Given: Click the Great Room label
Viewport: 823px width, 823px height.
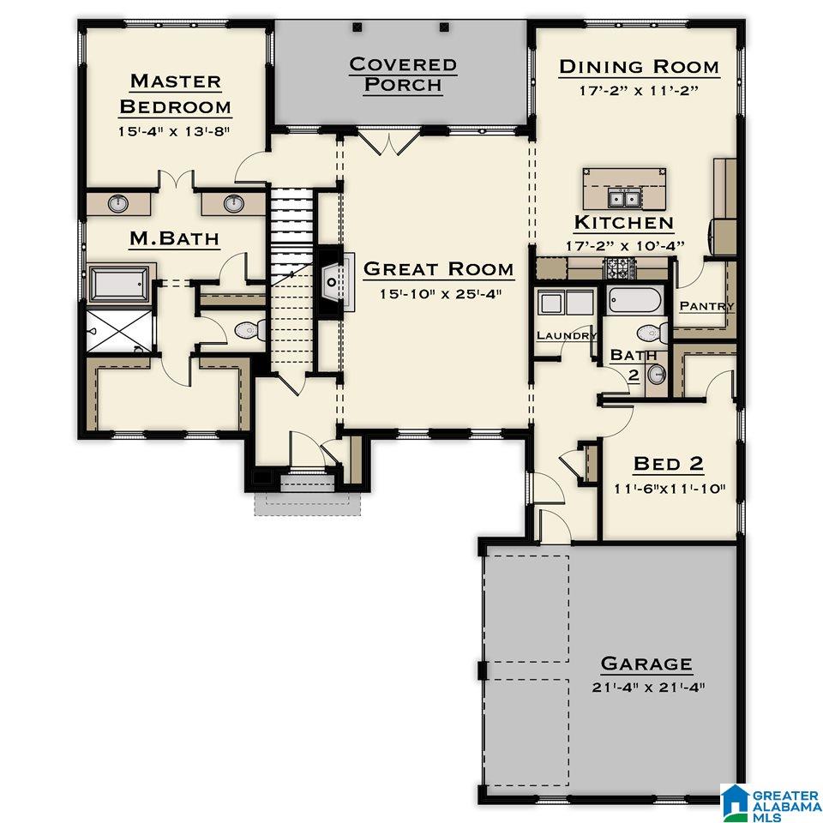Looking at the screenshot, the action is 438,268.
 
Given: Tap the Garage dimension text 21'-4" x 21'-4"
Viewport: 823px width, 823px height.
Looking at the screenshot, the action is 648,687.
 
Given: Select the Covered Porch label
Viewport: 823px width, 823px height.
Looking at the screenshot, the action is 403,74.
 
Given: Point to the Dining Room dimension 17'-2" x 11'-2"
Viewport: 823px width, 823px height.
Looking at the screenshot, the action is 639,90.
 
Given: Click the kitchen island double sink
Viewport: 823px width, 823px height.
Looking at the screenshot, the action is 624,198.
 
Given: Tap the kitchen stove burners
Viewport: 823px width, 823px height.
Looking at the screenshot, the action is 622,268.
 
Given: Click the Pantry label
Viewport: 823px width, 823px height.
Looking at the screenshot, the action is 706,305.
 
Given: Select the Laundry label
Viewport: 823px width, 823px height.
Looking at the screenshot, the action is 567,335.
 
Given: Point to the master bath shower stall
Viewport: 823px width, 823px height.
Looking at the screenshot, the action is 120,331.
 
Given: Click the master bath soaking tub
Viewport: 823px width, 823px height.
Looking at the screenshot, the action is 119,284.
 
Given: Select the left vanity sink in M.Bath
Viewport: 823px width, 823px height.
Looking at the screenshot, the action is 118,203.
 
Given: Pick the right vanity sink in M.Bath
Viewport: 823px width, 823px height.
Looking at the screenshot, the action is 234,203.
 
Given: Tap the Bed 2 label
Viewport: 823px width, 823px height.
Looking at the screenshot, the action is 668,464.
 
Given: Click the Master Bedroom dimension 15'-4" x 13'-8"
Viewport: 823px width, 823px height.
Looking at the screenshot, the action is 174,131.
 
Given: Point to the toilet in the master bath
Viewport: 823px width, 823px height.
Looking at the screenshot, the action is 249,330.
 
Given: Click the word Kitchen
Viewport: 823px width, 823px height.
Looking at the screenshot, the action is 624,223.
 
